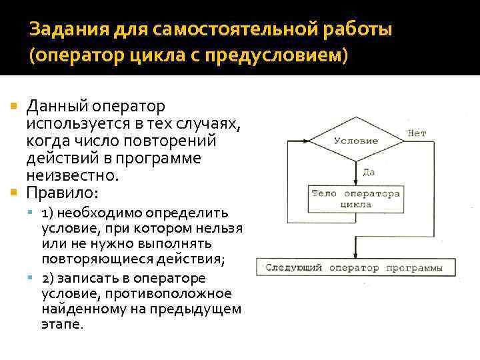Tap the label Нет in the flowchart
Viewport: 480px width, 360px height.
tap(417, 133)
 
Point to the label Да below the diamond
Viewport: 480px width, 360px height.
tap(368, 172)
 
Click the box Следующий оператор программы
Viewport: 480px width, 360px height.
tap(354, 268)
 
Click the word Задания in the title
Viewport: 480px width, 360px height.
tap(62, 30)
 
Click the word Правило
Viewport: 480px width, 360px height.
tap(62, 193)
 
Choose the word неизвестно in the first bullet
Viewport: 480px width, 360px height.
tap(72, 176)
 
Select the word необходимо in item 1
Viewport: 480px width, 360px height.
tap(96, 213)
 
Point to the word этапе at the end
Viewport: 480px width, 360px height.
tap(61, 325)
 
